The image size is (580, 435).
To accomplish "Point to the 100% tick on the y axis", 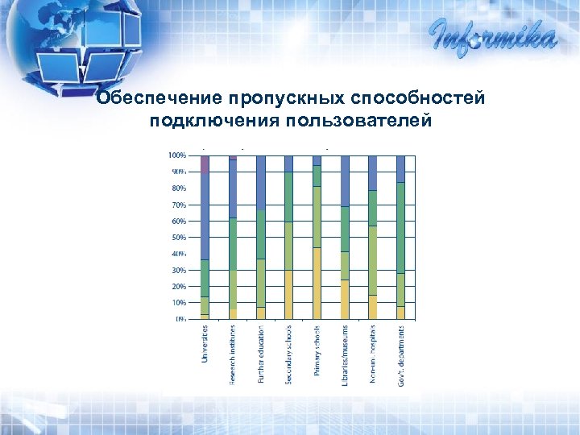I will [177, 155].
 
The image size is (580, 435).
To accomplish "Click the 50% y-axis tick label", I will [178, 238].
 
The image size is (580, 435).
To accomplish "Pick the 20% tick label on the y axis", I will [178, 287].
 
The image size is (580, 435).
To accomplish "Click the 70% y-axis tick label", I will [178, 205].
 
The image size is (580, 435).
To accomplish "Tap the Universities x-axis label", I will [205, 354].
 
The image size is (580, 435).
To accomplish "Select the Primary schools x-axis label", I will [317, 354].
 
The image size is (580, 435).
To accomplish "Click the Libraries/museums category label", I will [345, 354].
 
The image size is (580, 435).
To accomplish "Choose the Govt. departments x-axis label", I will [401, 354].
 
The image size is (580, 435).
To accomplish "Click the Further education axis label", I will [261, 354].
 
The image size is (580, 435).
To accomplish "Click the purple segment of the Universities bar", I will [205, 164].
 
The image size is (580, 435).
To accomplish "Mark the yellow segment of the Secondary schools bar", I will [289, 295].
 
